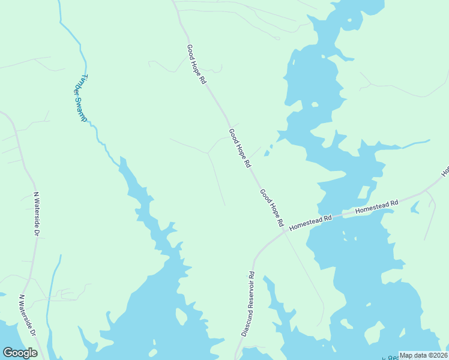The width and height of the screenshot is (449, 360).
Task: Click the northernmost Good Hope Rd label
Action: (196, 64)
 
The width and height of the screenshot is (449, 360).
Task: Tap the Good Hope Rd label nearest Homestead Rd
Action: (271, 208)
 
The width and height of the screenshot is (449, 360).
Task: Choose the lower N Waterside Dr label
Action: (28, 316)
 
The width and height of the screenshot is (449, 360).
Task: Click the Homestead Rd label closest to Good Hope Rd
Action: (310, 223)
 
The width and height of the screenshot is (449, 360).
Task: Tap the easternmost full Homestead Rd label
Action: (377, 206)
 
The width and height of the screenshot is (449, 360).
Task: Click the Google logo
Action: (20, 353)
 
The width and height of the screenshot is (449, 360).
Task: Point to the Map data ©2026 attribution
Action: (423, 355)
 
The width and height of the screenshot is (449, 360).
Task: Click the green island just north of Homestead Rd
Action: (364, 193)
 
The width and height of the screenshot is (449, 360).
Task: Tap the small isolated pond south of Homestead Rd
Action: (414, 208)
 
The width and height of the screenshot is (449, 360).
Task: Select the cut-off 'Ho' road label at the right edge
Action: (445, 171)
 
